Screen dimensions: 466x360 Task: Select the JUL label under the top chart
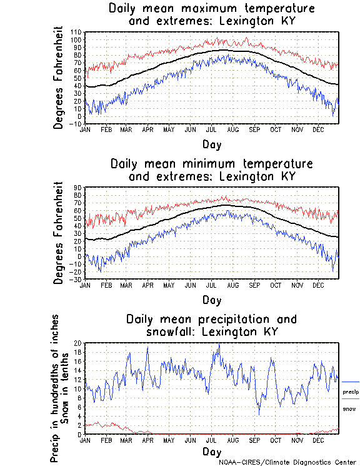pyautogui.click(x=211, y=129)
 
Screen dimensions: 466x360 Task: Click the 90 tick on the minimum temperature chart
pyautogui.click(x=79, y=187)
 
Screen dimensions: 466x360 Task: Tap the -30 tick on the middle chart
pyautogui.click(x=76, y=279)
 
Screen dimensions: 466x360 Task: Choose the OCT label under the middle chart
pyautogui.click(x=276, y=285)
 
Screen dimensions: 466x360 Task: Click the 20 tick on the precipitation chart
pyautogui.click(x=79, y=343)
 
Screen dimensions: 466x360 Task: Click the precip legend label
pyautogui.click(x=351, y=392)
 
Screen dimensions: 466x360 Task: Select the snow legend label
pyautogui.click(x=349, y=408)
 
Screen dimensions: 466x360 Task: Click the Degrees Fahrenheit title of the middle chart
pyautogui.click(x=59, y=233)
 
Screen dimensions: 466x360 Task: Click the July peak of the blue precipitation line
pyautogui.click(x=218, y=345)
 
